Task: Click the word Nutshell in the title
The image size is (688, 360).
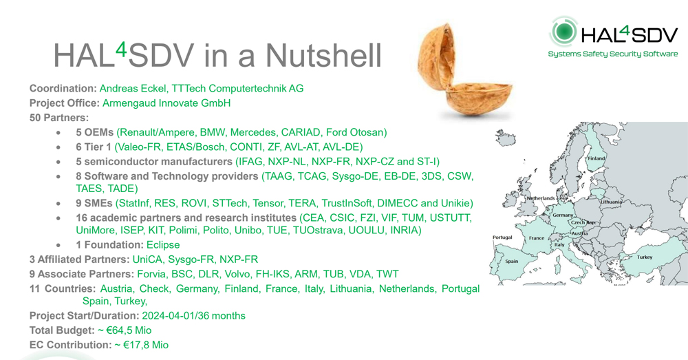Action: (x=323, y=55)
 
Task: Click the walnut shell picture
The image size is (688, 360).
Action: (x=464, y=72)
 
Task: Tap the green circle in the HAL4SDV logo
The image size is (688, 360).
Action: (x=564, y=32)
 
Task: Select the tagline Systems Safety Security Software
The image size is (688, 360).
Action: (x=613, y=54)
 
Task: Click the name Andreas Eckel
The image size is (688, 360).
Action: (x=133, y=88)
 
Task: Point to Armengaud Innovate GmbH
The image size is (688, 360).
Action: (x=166, y=103)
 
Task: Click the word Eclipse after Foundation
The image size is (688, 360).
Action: (x=163, y=245)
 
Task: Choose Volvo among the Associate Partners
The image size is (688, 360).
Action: (x=237, y=275)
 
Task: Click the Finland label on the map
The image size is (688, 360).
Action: (x=596, y=158)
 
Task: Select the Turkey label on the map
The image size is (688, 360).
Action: (x=645, y=257)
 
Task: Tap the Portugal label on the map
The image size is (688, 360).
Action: (x=502, y=237)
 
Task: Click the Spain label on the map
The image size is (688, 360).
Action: (x=512, y=261)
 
